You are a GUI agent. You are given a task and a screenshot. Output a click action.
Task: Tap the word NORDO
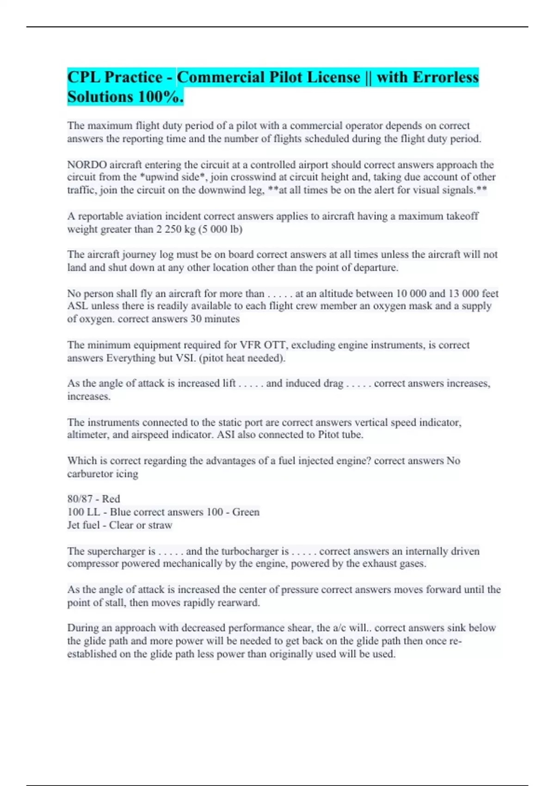pos(87,165)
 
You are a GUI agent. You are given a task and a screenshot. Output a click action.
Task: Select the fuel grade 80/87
pos(80,499)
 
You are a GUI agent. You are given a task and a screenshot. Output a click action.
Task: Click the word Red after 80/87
pos(111,499)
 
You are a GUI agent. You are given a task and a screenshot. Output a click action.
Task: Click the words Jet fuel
pos(83,525)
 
